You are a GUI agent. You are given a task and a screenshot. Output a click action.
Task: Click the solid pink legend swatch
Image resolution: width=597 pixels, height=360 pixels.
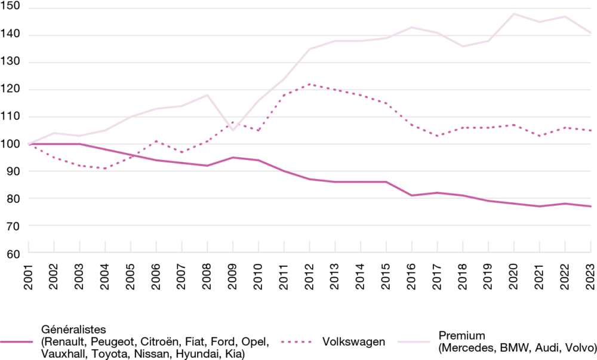(x=16, y=341)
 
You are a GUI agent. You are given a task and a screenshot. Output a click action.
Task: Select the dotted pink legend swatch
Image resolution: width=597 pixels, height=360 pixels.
(x=296, y=341)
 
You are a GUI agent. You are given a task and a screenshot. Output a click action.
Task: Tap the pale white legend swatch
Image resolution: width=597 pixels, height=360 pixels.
(x=415, y=341)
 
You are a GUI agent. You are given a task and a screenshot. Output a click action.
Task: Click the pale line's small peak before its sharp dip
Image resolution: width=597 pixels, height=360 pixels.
(x=205, y=93)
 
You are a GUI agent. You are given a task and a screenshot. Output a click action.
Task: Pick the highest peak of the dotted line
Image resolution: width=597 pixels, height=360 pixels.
(x=311, y=85)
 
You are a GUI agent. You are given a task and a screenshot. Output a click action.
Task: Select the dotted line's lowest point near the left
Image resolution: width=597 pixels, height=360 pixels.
(x=104, y=168)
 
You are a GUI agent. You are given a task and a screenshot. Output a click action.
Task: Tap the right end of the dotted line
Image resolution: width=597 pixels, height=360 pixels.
(x=590, y=131)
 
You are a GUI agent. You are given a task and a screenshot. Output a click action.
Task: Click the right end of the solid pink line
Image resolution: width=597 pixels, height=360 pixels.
(x=590, y=206)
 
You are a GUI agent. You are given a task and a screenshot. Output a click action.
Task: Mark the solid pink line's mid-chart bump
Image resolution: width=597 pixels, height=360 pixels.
(x=236, y=158)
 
